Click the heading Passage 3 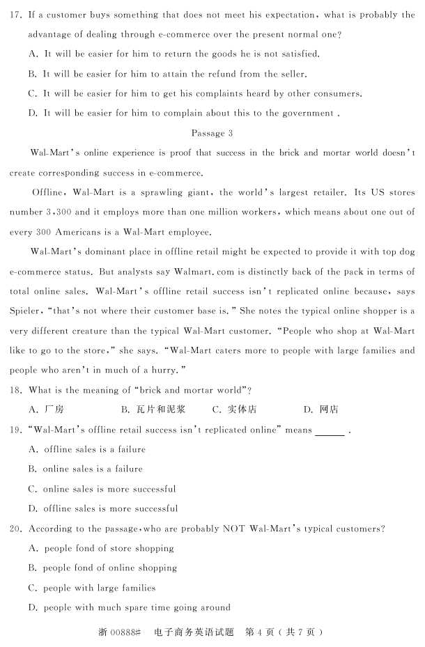(x=211, y=132)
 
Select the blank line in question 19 (x=330, y=431)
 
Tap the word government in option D (x=301, y=113)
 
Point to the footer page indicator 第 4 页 (x=260, y=632)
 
